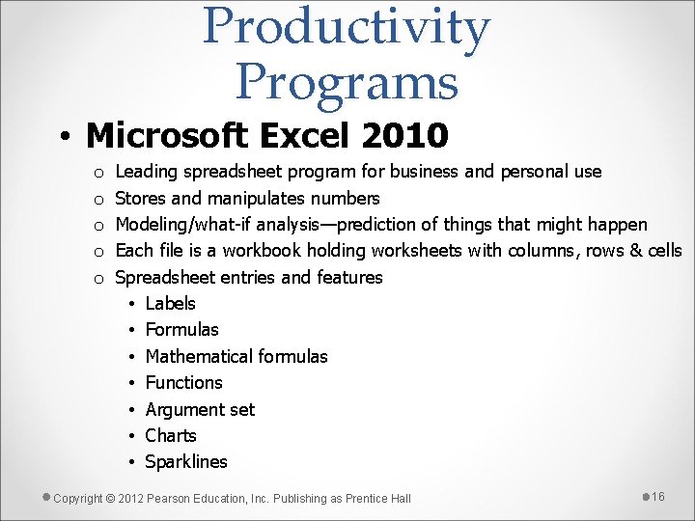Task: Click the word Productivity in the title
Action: coord(347,27)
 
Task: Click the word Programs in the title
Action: coord(347,81)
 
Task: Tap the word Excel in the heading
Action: coord(308,136)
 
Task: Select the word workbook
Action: coord(263,251)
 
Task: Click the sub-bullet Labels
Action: coord(170,304)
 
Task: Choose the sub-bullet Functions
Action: coord(183,383)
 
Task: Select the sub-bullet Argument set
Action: coord(200,409)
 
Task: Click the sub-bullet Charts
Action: coord(171,435)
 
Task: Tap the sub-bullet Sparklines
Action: coord(186,462)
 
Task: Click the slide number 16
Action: coord(658,496)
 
